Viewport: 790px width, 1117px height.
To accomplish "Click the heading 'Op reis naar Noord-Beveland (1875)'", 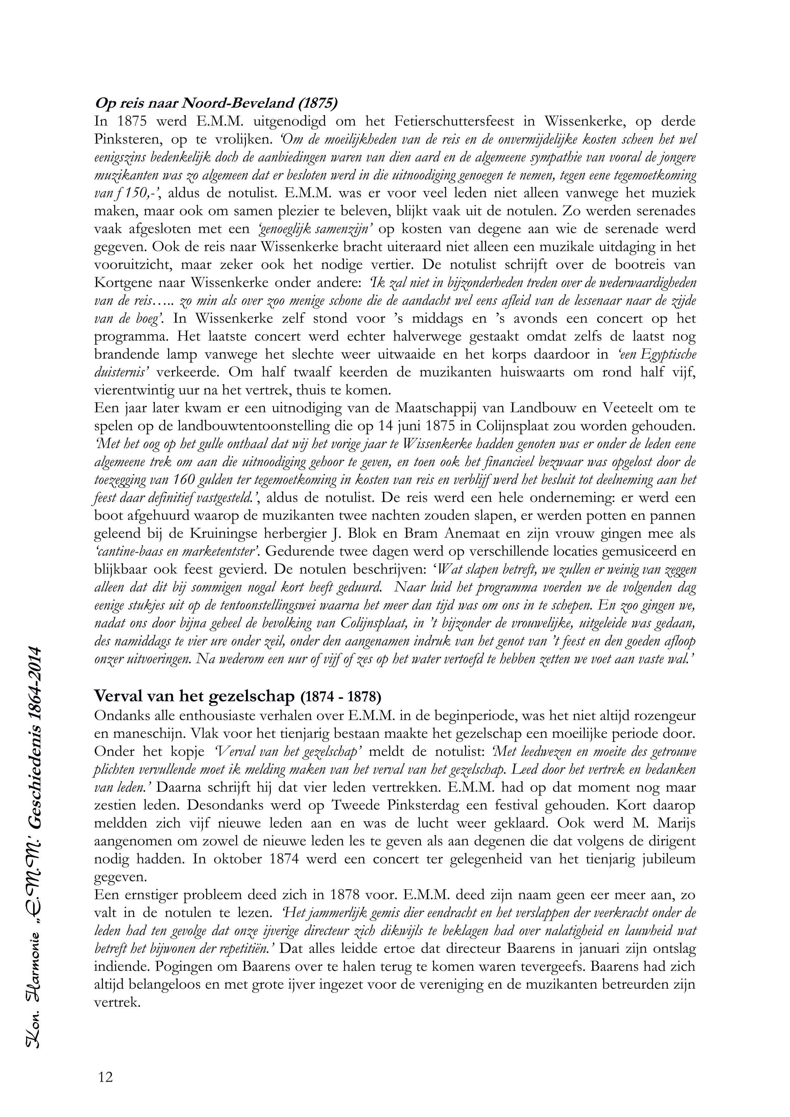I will [216, 103].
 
